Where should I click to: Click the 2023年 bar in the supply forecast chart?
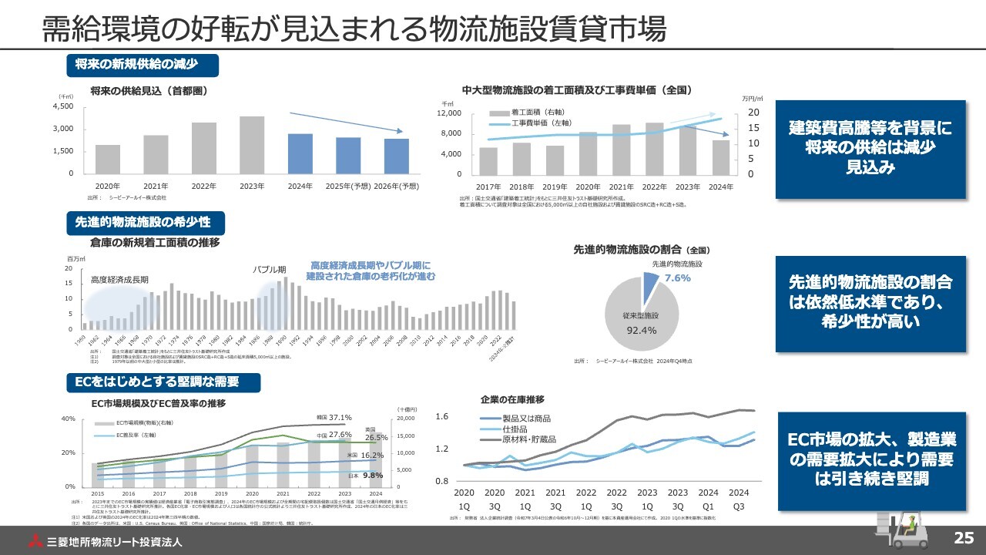point(251,145)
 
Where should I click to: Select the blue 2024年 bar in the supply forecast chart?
point(300,153)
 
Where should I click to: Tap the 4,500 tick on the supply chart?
point(62,106)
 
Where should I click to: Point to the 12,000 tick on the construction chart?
point(449,113)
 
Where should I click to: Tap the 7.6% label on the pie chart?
point(677,277)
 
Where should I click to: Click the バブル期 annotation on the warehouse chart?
point(270,270)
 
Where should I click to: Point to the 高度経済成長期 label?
point(119,280)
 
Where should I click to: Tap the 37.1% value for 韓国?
point(340,418)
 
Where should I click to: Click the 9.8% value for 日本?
point(373,475)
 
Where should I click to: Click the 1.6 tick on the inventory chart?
point(441,417)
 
